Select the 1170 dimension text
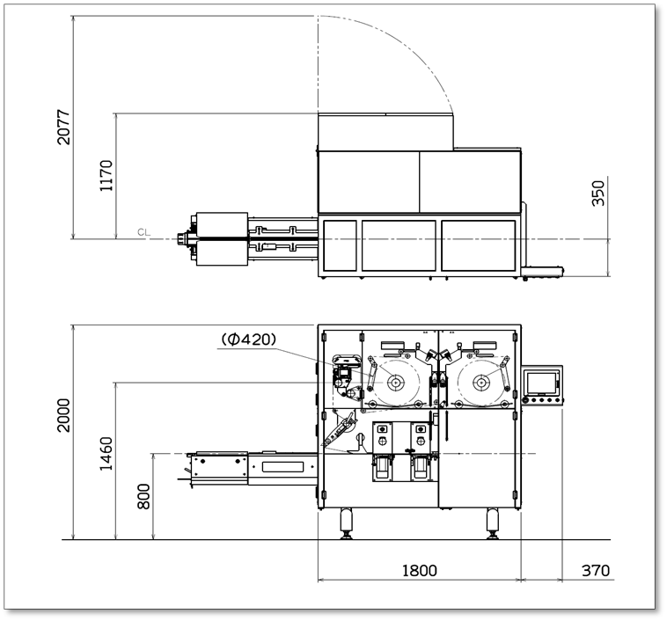(106, 176)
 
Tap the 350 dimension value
(598, 193)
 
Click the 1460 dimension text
(106, 453)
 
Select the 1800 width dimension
(419, 570)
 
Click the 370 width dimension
(595, 570)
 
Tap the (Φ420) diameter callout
(249, 339)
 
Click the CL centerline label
(143, 233)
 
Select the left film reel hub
(396, 383)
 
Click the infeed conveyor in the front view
(251, 466)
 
